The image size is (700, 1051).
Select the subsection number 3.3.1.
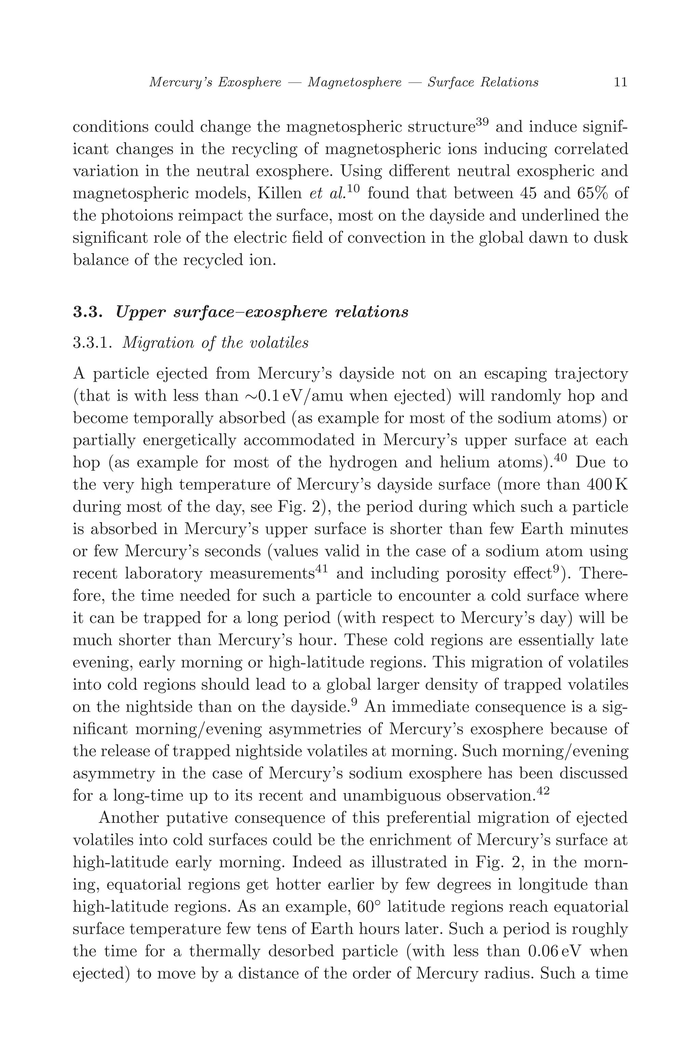click(92, 343)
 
